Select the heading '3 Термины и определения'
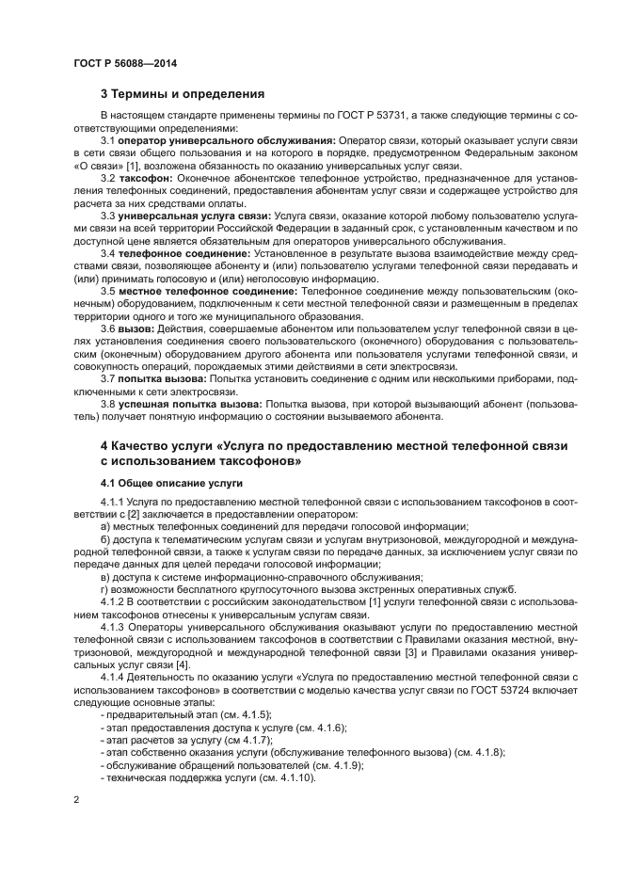pyautogui.click(x=183, y=94)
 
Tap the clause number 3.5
pyautogui.click(x=108, y=292)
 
